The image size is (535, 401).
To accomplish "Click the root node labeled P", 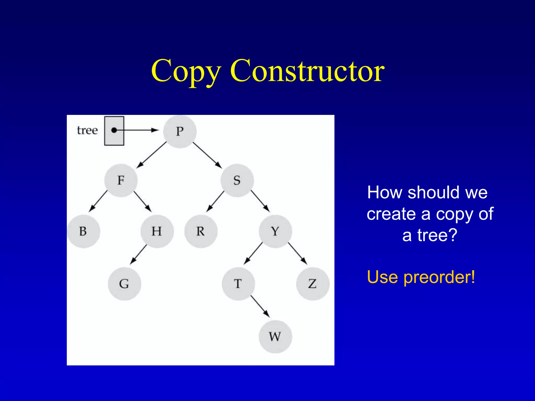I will [x=180, y=132].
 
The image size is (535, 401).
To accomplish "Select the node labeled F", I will [x=121, y=180].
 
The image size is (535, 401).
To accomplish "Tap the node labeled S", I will [x=237, y=180].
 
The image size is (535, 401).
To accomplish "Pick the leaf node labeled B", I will [x=83, y=231].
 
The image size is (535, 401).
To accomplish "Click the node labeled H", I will [x=157, y=231].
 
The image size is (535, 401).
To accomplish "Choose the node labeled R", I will [x=201, y=231].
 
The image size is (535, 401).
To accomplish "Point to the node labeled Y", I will [x=275, y=231].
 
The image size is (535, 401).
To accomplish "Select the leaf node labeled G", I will [x=124, y=284].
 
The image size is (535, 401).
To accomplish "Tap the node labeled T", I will [x=238, y=284].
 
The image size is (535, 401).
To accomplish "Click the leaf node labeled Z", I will [x=312, y=284].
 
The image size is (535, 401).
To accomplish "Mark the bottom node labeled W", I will [x=275, y=337].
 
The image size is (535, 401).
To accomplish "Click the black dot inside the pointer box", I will [x=114, y=130].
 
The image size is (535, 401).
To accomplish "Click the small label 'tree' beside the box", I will [x=87, y=130].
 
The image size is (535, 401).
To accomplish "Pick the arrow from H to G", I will [x=139, y=254].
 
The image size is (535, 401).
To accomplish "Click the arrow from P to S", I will [x=207, y=155].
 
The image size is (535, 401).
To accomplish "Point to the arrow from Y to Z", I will [x=298, y=253].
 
